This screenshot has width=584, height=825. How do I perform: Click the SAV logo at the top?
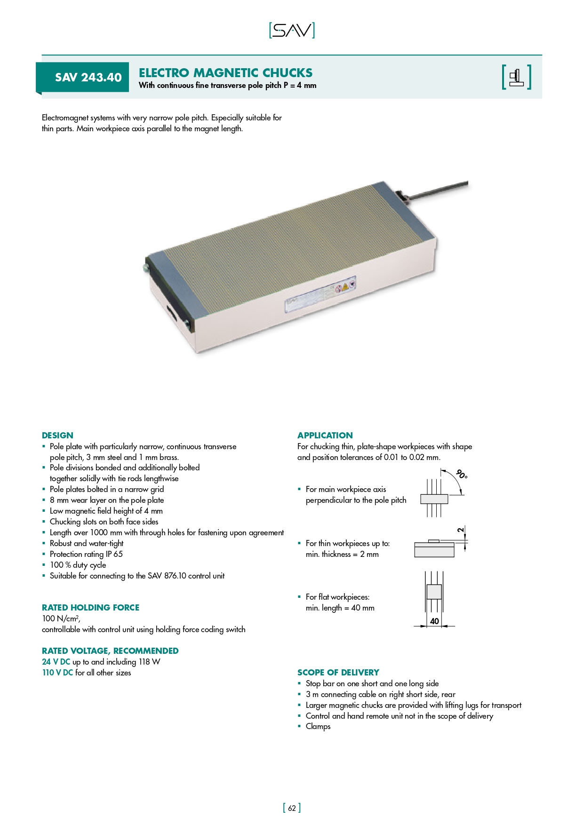point(292,31)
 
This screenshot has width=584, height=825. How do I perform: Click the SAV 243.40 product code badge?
point(88,77)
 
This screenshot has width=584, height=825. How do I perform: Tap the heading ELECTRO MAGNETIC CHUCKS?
point(225,73)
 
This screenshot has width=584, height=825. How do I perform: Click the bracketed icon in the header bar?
point(516,77)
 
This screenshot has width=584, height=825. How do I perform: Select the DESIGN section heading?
point(57,436)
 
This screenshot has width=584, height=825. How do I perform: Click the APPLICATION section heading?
point(325,436)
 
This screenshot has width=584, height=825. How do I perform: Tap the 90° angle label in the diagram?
point(462,474)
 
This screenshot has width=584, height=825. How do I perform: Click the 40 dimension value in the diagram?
point(434,621)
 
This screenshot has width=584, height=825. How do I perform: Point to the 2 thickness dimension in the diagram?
point(461,530)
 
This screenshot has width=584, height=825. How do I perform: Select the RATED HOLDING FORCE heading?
point(90,608)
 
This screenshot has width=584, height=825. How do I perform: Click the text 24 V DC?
point(56,662)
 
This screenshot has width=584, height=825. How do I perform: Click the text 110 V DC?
point(57,673)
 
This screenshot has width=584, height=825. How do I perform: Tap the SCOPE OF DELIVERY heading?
point(338,673)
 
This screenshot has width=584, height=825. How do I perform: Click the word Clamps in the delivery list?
point(318,726)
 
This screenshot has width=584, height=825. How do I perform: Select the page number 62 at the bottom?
point(292,808)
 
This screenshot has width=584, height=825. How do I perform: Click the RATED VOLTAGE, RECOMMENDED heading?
point(110,651)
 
